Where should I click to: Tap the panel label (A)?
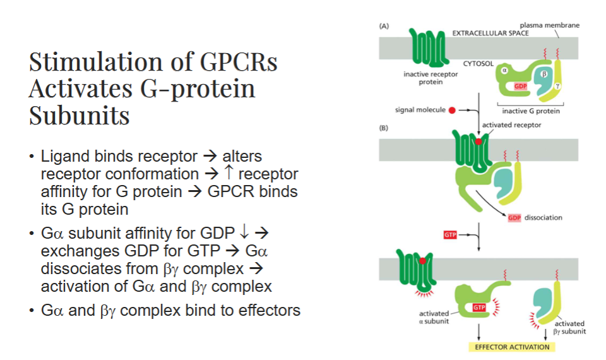(384, 27)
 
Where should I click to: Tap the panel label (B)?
(384, 127)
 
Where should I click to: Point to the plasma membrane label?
(549, 25)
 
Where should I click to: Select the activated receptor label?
(512, 125)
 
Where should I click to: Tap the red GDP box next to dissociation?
(514, 218)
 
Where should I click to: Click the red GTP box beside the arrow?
(450, 236)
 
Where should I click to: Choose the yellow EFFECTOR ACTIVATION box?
(512, 347)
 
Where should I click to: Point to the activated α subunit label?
(432, 318)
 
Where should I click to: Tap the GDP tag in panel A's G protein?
(521, 86)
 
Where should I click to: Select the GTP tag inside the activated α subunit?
(480, 307)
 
